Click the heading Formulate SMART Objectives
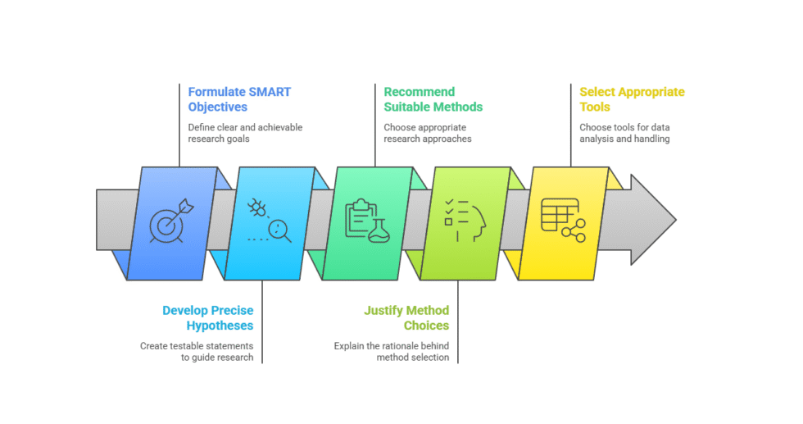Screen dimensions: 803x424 click(x=239, y=99)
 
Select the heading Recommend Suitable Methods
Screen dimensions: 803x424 click(x=433, y=99)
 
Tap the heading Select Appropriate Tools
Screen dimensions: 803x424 click(x=632, y=99)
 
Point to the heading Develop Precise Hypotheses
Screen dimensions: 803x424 click(x=207, y=318)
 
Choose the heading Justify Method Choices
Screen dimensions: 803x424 click(x=406, y=318)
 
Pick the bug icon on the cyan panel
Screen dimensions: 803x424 click(x=257, y=207)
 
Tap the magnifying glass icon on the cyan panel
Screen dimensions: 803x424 click(x=280, y=230)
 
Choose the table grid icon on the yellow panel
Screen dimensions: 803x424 click(x=560, y=215)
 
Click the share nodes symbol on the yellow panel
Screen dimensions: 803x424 click(x=574, y=230)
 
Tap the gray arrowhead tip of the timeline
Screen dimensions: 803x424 click(x=676, y=220)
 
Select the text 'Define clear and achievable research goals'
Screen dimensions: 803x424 click(x=245, y=133)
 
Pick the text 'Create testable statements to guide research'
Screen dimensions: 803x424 click(x=197, y=352)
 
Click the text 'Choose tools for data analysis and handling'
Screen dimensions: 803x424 click(x=624, y=133)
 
